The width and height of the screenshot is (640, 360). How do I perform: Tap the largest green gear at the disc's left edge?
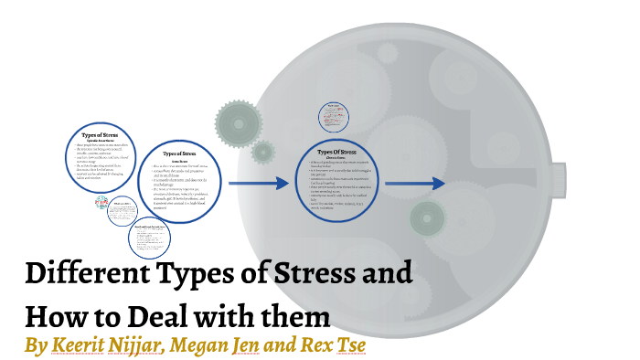[233, 118]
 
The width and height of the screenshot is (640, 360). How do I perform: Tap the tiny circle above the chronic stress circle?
[335, 116]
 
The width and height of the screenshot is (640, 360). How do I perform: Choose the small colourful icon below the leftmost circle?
[102, 203]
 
